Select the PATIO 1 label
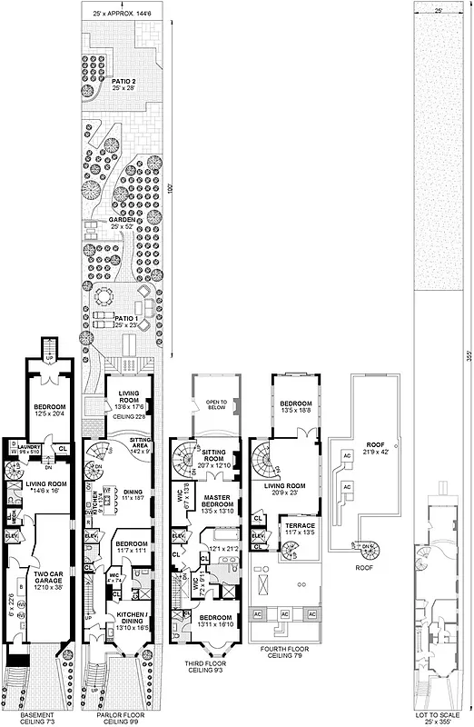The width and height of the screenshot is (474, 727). coord(123,321)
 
